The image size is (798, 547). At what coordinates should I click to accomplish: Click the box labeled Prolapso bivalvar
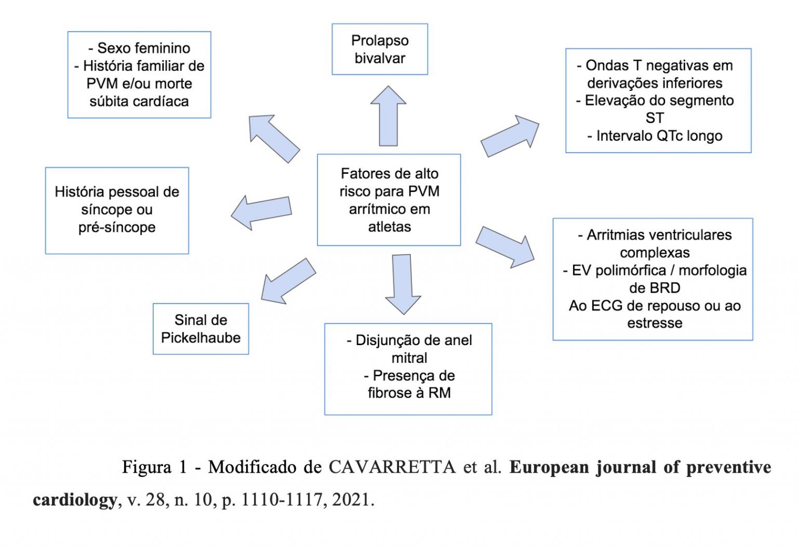click(380, 49)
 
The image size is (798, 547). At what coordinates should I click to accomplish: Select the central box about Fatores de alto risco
click(389, 200)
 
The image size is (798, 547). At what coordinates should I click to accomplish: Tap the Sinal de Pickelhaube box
click(201, 329)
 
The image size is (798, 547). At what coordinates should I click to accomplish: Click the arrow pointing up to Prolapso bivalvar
click(388, 117)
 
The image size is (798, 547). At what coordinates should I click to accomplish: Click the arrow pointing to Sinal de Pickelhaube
click(287, 281)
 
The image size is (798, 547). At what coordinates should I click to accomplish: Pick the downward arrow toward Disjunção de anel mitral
click(403, 283)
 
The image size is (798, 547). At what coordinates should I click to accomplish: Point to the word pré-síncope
click(117, 227)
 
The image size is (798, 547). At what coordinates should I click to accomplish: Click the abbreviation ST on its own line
click(655, 118)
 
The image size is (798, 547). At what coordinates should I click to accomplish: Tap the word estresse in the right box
click(655, 323)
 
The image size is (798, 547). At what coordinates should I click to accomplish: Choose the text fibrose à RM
click(409, 393)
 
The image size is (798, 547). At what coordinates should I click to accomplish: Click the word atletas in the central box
click(389, 227)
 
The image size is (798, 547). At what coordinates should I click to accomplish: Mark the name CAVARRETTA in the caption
click(392, 467)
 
